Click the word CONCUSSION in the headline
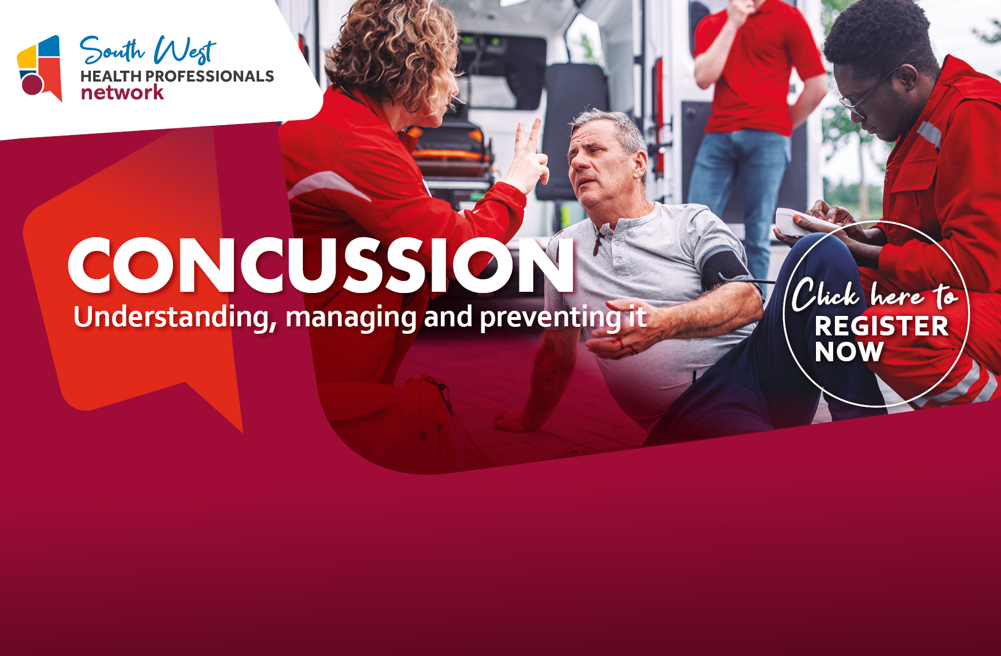pyautogui.click(x=321, y=265)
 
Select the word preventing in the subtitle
pyautogui.click(x=550, y=318)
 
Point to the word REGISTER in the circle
pyautogui.click(x=881, y=326)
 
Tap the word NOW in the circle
pyautogui.click(x=849, y=352)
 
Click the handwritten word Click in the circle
pyautogui.click(x=825, y=295)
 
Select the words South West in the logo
pyautogui.click(x=147, y=51)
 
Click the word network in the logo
pyautogui.click(x=122, y=92)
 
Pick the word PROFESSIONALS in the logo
pyautogui.click(x=210, y=76)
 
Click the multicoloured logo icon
pyautogui.click(x=39, y=68)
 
